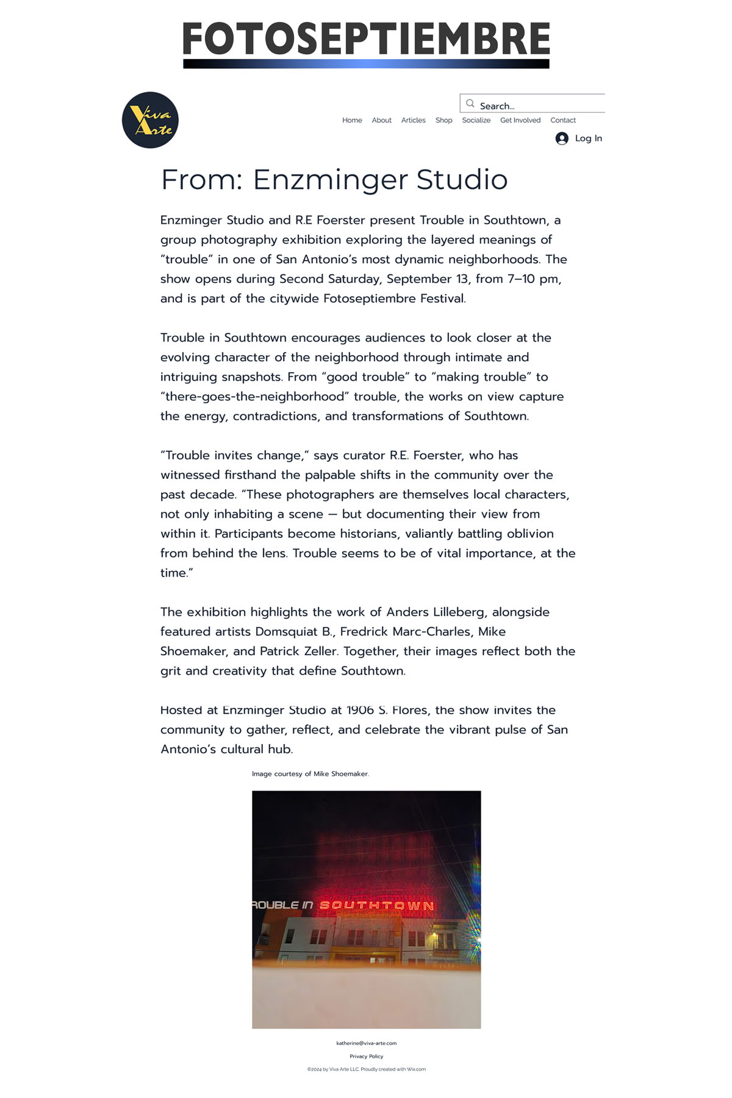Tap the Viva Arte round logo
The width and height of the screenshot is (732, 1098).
coord(150,120)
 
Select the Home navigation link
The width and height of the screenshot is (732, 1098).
coord(352,120)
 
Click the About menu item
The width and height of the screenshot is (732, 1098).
coord(381,120)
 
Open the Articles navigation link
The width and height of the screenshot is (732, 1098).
coord(413,120)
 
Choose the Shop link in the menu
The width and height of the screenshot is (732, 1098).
coord(443,120)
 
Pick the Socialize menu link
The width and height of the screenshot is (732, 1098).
coord(476,120)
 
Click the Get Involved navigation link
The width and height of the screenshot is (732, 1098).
coord(520,120)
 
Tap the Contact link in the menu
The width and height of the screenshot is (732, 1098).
coord(563,120)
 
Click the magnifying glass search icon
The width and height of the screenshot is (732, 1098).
coord(470,104)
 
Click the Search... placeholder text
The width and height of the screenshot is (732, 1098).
coord(497,106)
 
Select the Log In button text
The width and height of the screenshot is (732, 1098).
coord(588,138)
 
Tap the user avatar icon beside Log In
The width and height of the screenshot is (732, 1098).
coord(562,138)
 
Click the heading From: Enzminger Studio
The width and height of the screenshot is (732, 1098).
coord(334,179)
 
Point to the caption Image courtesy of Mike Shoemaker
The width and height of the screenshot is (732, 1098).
coord(310,773)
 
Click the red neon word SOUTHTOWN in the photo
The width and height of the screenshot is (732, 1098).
coord(376,905)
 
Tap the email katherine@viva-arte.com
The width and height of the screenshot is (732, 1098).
coord(366,1043)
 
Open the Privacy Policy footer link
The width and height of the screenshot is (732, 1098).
coord(366,1056)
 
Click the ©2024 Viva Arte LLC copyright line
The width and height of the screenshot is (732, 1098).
coord(366,1069)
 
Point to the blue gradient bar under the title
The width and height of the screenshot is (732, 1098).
coord(366,63)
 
